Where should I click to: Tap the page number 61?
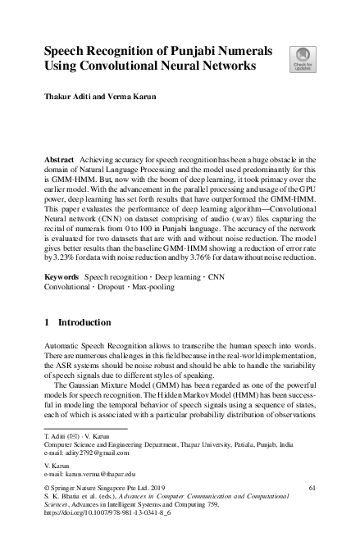312,488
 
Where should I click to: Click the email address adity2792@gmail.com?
97,452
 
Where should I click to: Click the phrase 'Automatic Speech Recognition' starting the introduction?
98,348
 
